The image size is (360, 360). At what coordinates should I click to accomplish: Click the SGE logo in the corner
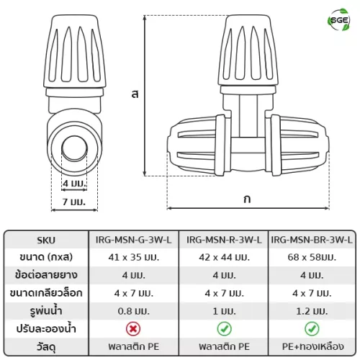pyautogui.click(x=338, y=20)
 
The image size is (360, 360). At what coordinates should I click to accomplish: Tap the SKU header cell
pyautogui.click(x=46, y=240)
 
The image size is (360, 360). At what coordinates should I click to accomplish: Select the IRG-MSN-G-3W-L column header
pyautogui.click(x=134, y=240)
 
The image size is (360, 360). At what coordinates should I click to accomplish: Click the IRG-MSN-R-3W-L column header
pyautogui.click(x=224, y=240)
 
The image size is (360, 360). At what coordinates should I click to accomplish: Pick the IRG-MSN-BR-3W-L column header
pyautogui.click(x=312, y=240)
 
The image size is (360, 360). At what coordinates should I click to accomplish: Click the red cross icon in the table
pyautogui.click(x=133, y=329)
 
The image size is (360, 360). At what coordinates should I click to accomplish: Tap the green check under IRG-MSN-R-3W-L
pyautogui.click(x=224, y=329)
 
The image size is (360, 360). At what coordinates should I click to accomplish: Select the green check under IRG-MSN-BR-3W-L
pyautogui.click(x=312, y=329)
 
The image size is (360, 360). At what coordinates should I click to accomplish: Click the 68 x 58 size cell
pyautogui.click(x=312, y=258)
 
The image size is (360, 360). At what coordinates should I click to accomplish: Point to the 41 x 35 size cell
pyautogui.click(x=134, y=258)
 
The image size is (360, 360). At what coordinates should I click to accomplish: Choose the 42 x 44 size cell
pyautogui.click(x=224, y=258)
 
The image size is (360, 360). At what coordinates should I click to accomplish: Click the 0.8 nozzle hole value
pyautogui.click(x=134, y=311)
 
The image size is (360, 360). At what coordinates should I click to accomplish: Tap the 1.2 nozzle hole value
pyautogui.click(x=312, y=311)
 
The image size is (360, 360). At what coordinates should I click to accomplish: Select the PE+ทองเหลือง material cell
pyautogui.click(x=313, y=346)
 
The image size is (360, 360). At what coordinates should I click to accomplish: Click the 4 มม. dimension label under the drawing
pyautogui.click(x=74, y=184)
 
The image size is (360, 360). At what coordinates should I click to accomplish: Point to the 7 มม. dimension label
pyautogui.click(x=74, y=202)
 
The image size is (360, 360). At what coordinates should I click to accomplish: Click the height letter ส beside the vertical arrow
pyautogui.click(x=135, y=94)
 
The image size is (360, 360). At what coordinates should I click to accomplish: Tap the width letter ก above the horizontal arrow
pyautogui.click(x=247, y=199)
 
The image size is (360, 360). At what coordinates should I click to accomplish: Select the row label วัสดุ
pyautogui.click(x=46, y=348)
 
